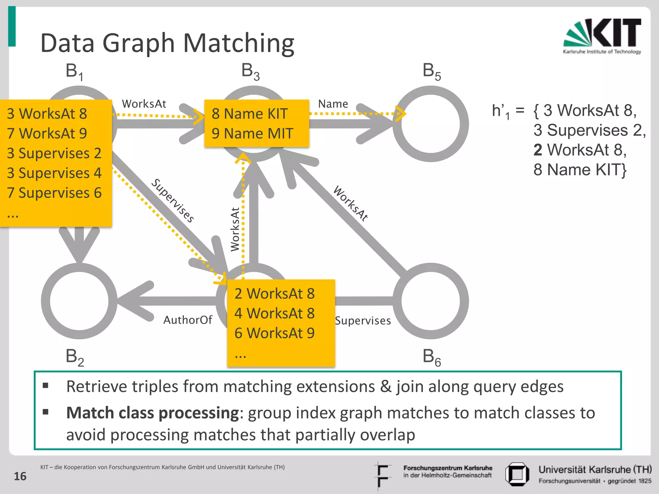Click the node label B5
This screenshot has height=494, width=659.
coord(432,71)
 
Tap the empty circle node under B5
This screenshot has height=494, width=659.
coord(431,124)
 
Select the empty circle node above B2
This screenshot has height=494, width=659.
coord(79,301)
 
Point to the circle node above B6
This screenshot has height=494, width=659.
coord(431,301)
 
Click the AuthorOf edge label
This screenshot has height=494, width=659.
coord(188,320)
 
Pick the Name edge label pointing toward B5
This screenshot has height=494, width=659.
coord(333,104)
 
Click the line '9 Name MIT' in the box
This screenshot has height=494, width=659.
coord(252,133)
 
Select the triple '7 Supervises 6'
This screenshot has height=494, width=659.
coord(54,193)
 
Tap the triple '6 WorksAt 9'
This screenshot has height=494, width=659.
coord(274,333)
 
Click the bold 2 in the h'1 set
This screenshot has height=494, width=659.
coord(538,150)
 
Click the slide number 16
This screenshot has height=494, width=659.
coord(20,476)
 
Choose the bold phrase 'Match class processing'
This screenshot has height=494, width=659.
coord(152,413)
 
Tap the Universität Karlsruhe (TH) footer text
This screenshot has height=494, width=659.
coord(595,470)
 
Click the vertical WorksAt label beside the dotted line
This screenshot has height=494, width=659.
coord(235,229)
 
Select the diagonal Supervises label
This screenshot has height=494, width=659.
coord(173,201)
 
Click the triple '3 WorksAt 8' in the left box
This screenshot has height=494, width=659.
coord(47,114)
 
